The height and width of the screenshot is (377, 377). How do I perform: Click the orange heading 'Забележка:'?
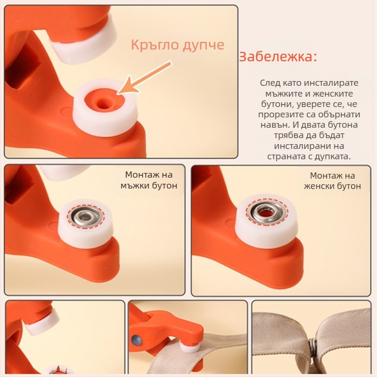tap(278, 57)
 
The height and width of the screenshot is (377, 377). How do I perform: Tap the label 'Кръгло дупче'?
tap(178, 45)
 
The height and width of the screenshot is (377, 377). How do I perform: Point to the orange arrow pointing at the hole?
tap(144, 77)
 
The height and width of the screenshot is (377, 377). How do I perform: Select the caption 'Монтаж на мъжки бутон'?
tap(149, 180)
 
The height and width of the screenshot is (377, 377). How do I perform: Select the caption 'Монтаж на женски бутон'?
tap(332, 180)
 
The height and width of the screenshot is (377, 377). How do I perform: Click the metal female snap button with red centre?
tap(266, 212)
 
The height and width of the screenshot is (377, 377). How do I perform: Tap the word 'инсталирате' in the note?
tap(331, 83)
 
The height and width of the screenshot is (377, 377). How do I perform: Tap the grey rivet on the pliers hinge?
tap(136, 340)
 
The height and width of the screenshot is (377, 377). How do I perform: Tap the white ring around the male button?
tap(85, 223)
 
